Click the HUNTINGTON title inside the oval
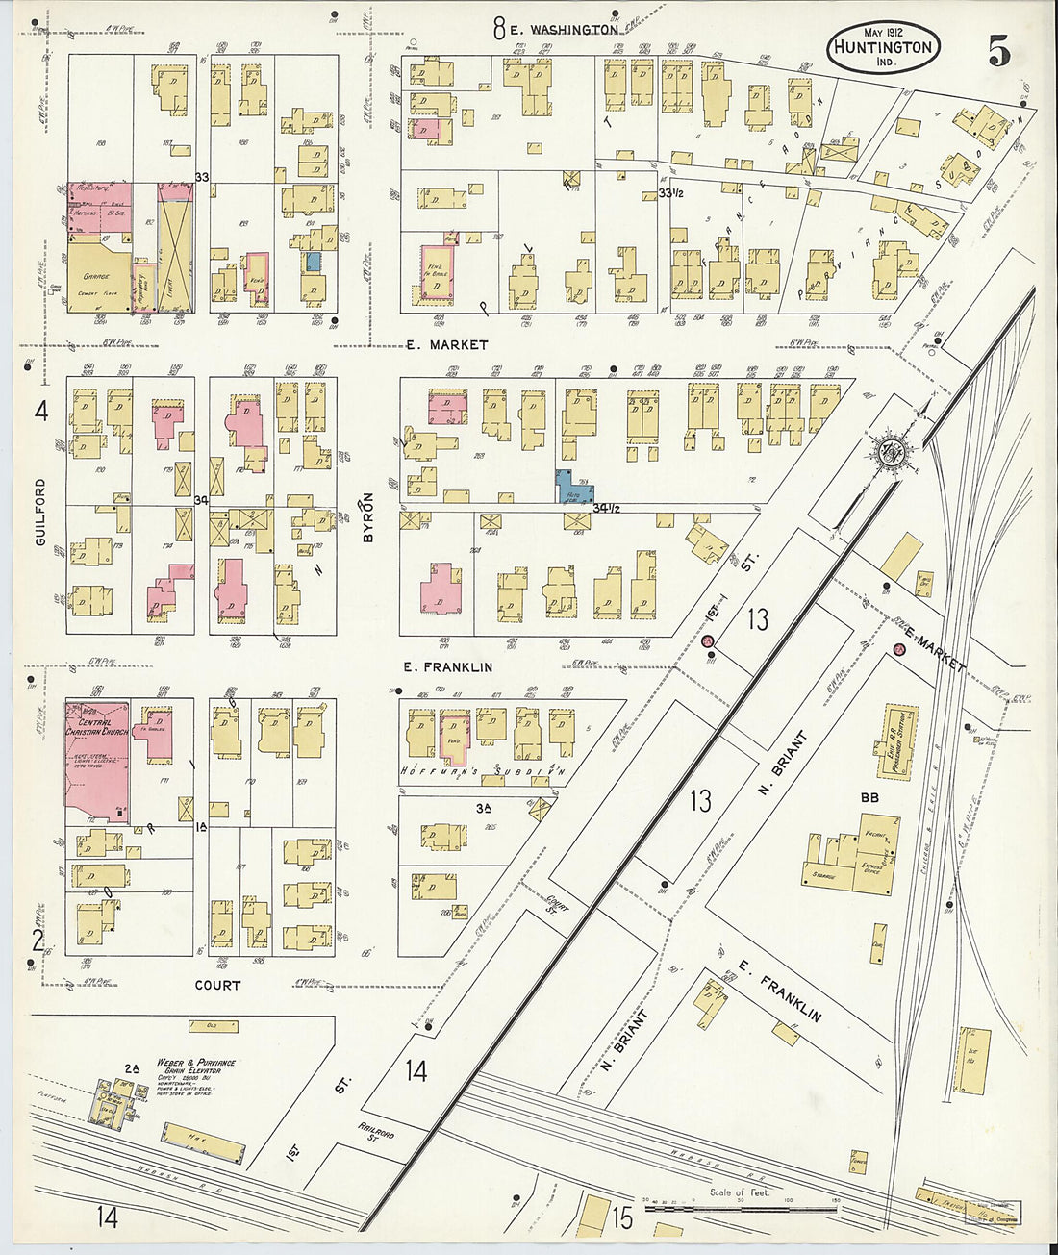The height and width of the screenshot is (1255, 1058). (882, 47)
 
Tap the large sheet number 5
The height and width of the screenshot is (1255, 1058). (999, 52)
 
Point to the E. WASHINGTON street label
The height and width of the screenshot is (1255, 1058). (564, 30)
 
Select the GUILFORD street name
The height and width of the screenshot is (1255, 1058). (40, 512)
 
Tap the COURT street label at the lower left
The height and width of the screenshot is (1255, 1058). (217, 985)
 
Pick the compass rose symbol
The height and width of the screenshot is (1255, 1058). (885, 451)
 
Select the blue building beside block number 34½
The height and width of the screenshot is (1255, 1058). (574, 488)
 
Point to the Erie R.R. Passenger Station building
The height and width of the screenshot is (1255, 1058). (895, 741)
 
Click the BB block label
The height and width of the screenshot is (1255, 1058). (869, 797)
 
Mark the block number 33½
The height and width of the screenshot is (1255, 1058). (670, 194)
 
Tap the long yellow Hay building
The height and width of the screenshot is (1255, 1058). (202, 1142)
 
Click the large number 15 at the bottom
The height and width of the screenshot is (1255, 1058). (622, 1217)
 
